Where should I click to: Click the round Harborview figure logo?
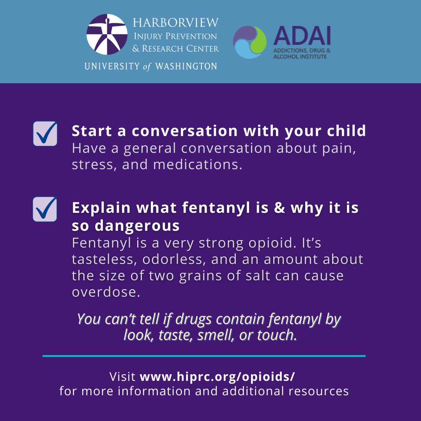(107, 34)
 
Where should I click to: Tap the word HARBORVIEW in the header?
(176, 23)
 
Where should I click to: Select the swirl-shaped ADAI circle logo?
(250, 42)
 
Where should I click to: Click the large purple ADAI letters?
(302, 36)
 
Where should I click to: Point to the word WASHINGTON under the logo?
(186, 66)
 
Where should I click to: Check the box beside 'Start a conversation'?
(45, 133)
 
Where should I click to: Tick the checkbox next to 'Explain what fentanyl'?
(45, 209)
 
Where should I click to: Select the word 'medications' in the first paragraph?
(195, 165)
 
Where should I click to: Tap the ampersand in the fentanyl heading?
(279, 208)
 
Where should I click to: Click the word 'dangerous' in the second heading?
(137, 226)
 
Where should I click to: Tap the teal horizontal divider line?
(204, 356)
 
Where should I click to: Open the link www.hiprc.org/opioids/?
(217, 377)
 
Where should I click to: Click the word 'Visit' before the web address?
(122, 377)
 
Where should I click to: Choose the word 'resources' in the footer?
(319, 391)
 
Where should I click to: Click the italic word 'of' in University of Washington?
(147, 66)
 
